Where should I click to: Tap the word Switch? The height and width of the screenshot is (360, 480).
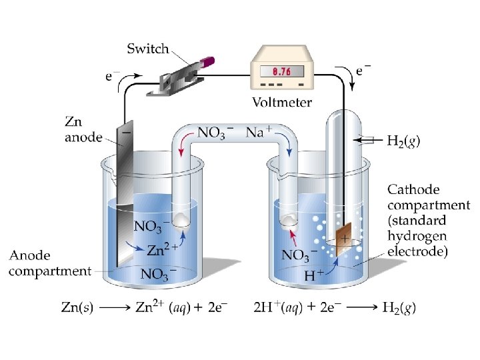(148, 49)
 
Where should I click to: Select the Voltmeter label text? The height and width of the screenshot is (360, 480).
(282, 103)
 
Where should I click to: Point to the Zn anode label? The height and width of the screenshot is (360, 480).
(83, 130)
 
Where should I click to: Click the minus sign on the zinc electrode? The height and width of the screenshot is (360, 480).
(127, 133)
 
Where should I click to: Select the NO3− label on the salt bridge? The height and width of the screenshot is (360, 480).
(215, 132)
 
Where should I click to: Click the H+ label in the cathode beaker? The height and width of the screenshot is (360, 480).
(315, 274)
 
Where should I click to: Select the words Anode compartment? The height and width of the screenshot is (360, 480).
(50, 263)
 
